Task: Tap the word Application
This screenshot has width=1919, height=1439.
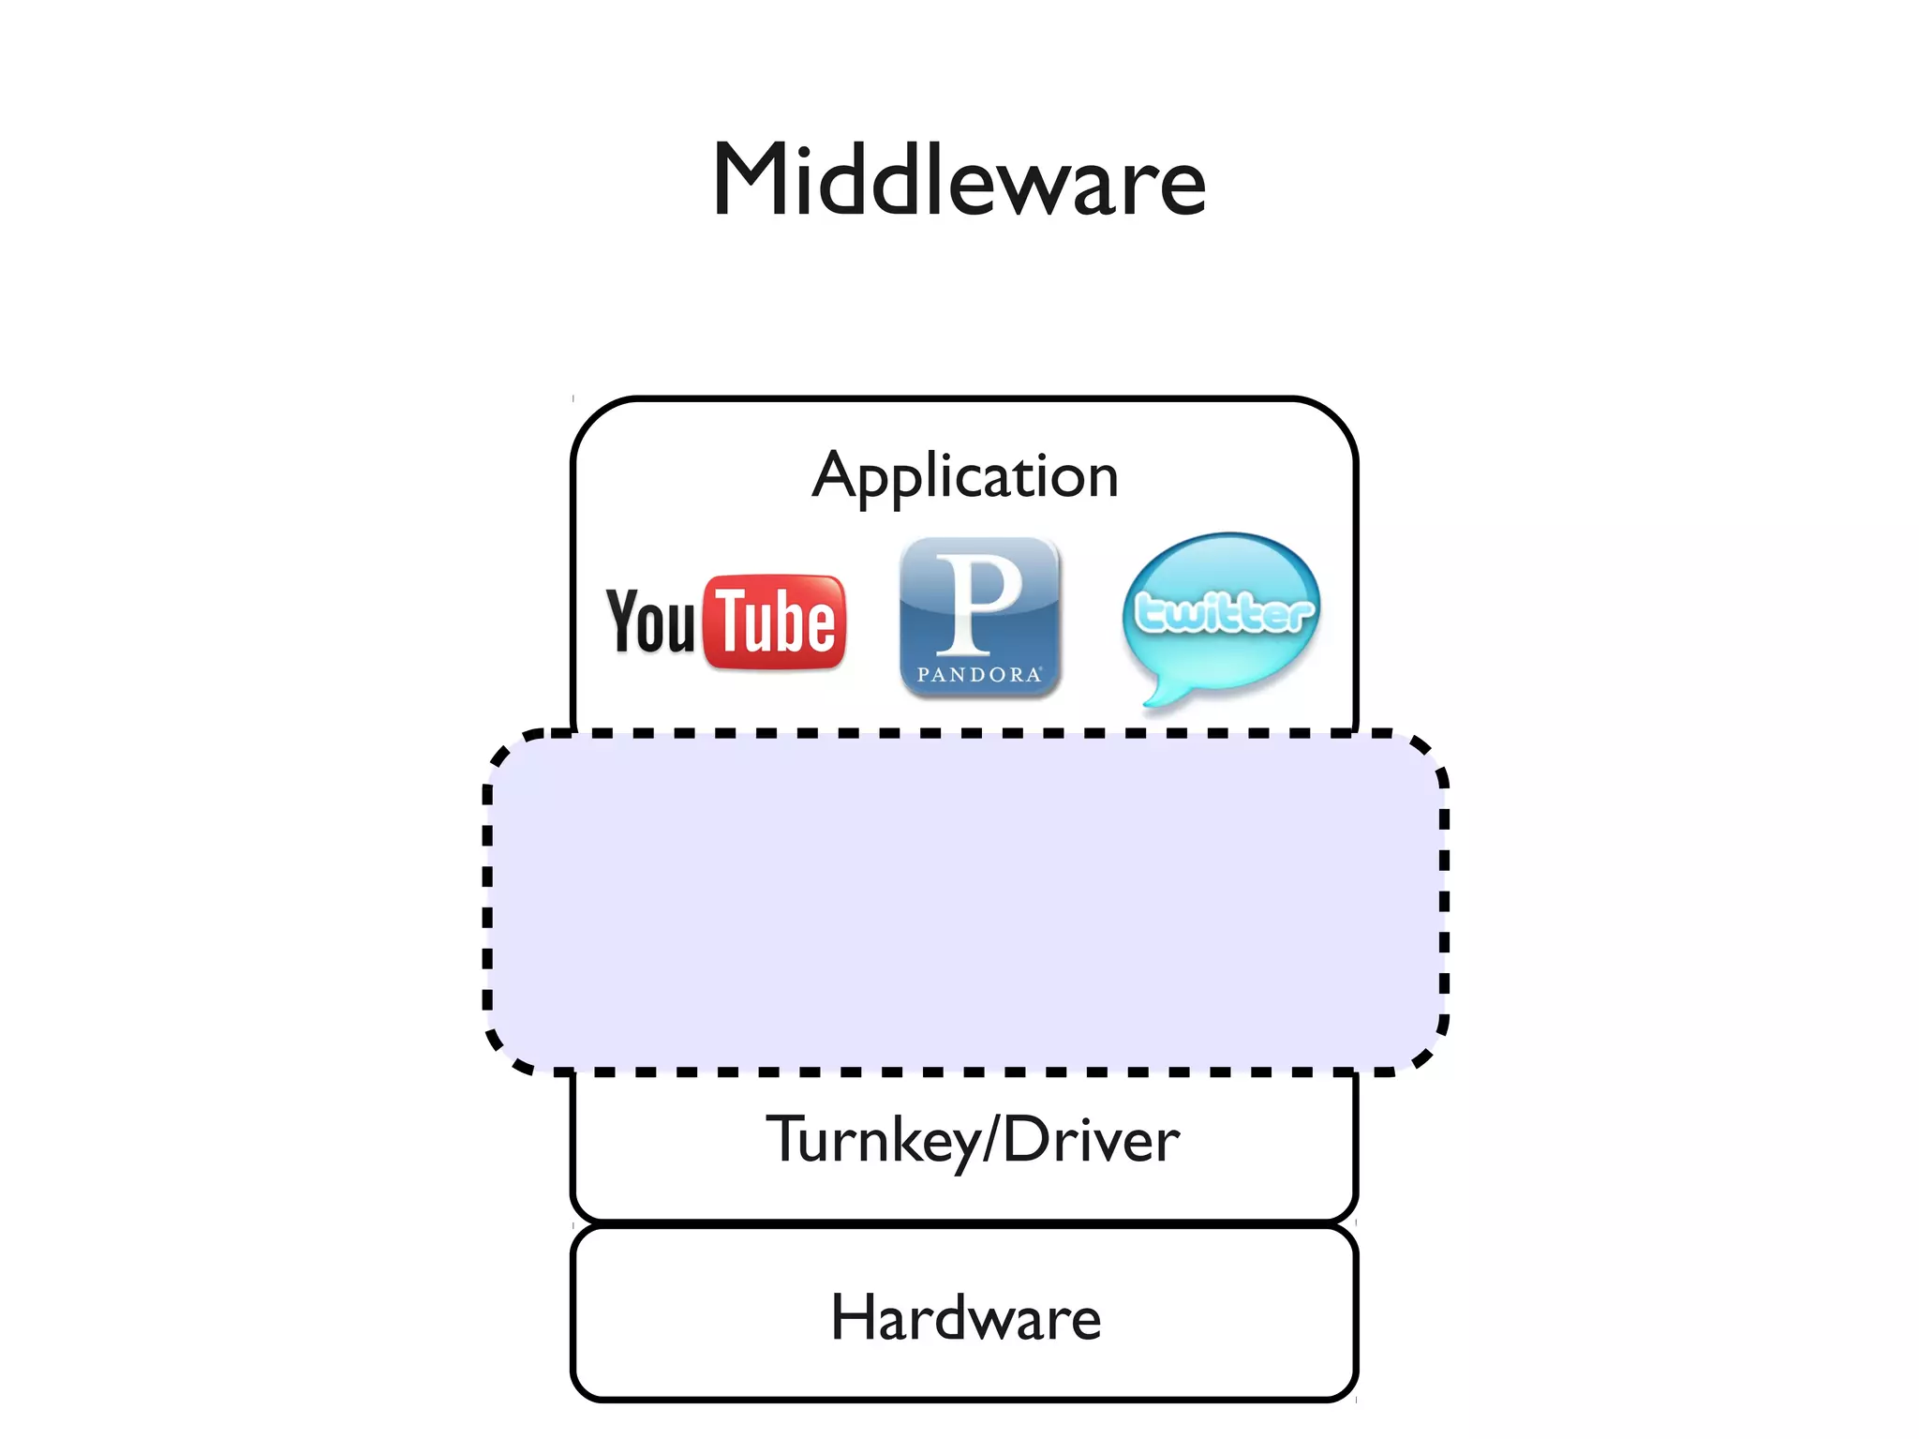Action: tap(965, 475)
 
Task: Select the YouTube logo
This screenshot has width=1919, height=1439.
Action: tap(726, 622)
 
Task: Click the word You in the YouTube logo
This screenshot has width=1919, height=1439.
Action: tap(650, 621)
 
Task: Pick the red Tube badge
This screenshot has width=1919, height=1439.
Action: tap(775, 622)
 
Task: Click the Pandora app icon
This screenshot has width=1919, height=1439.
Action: tap(979, 618)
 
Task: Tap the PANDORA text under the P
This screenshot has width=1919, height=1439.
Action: tap(978, 675)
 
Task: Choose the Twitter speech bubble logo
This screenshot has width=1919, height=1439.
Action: tap(1221, 614)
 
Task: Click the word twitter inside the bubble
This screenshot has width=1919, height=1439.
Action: tap(1223, 613)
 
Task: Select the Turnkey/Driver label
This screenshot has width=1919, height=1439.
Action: tap(973, 1140)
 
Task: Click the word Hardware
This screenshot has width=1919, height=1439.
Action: tap(965, 1317)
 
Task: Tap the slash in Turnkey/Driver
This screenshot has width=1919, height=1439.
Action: tap(990, 1140)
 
